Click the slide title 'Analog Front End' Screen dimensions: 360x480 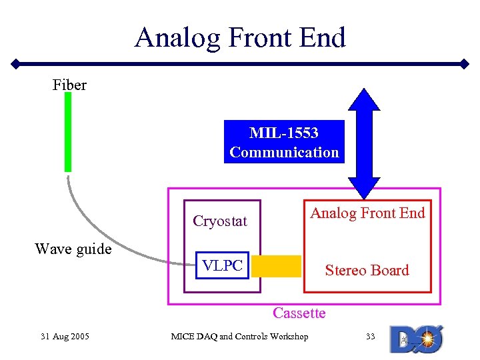[240, 37]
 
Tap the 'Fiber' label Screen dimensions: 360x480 [69, 85]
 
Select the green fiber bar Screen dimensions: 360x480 [68, 132]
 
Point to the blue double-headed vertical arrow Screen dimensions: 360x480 [364, 143]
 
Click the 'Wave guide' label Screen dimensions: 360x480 [73, 249]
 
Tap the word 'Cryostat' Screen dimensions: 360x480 [219, 221]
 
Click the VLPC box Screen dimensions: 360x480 [222, 265]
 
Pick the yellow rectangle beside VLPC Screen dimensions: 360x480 [276, 265]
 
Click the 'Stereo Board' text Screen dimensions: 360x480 [367, 270]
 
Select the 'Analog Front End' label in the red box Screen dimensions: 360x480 [367, 213]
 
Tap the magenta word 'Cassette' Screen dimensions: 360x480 [299, 313]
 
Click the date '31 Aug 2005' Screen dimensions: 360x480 [65, 336]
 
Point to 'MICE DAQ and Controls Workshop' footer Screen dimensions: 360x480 [239, 336]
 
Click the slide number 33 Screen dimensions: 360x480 [371, 336]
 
